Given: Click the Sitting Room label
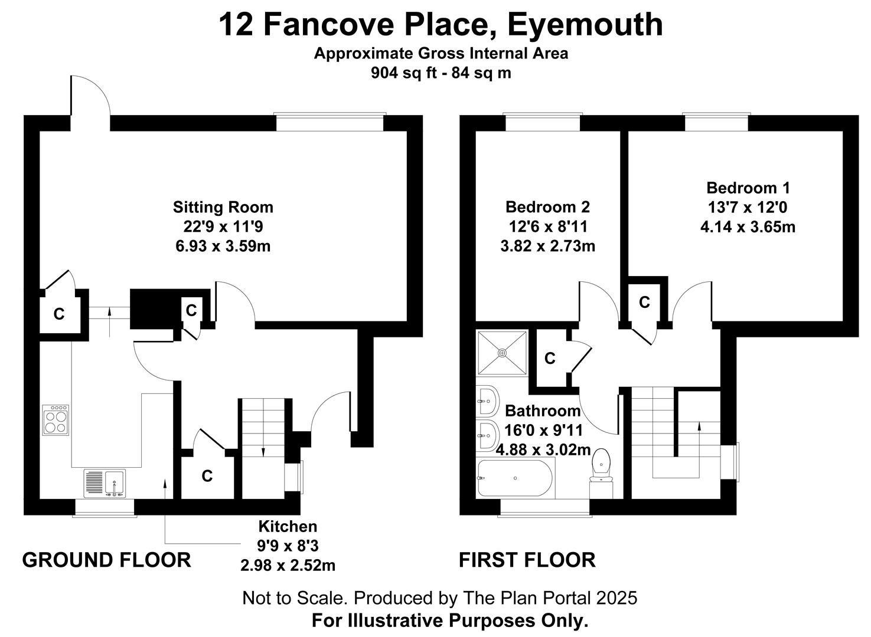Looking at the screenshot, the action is (223, 207).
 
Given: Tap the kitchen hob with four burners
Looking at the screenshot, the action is (56, 420).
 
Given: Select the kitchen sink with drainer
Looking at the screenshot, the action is (105, 483).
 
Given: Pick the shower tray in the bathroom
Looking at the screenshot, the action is (502, 353).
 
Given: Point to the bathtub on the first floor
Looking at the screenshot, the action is (516, 478).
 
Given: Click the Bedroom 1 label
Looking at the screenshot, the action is (748, 188).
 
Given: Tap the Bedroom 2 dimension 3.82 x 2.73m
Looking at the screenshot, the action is (547, 246).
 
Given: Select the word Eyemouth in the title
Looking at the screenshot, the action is (585, 24).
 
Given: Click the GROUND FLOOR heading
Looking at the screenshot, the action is (106, 560).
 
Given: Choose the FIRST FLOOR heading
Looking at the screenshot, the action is (527, 560).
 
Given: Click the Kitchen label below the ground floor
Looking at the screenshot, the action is (288, 526).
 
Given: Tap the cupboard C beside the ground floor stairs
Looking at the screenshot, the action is (207, 476).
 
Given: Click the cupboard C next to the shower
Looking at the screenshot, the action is (550, 358).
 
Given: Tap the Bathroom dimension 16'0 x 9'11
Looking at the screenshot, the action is (544, 430).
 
